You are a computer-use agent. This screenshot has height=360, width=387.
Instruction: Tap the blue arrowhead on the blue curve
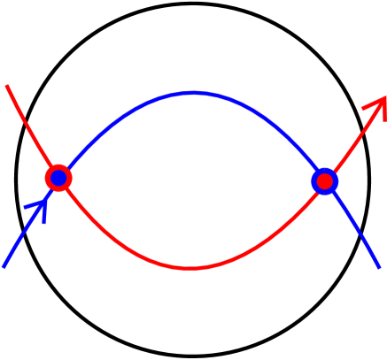point(40,206)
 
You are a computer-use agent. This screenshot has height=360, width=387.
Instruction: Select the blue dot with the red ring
point(58,178)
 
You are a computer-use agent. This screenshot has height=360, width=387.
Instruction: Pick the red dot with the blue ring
point(325,181)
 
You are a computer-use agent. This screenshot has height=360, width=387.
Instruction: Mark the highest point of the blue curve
point(193,92)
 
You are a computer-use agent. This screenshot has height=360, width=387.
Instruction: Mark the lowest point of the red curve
point(190,267)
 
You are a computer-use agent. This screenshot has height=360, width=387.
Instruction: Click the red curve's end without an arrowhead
point(7,87)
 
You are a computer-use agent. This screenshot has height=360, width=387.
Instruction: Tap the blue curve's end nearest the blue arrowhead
point(4,265)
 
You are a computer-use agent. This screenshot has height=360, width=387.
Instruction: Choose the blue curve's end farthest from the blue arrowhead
point(379,267)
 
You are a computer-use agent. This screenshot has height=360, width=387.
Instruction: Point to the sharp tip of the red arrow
point(385,96)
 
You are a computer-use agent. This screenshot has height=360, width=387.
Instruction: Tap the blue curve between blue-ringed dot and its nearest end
point(354,226)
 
